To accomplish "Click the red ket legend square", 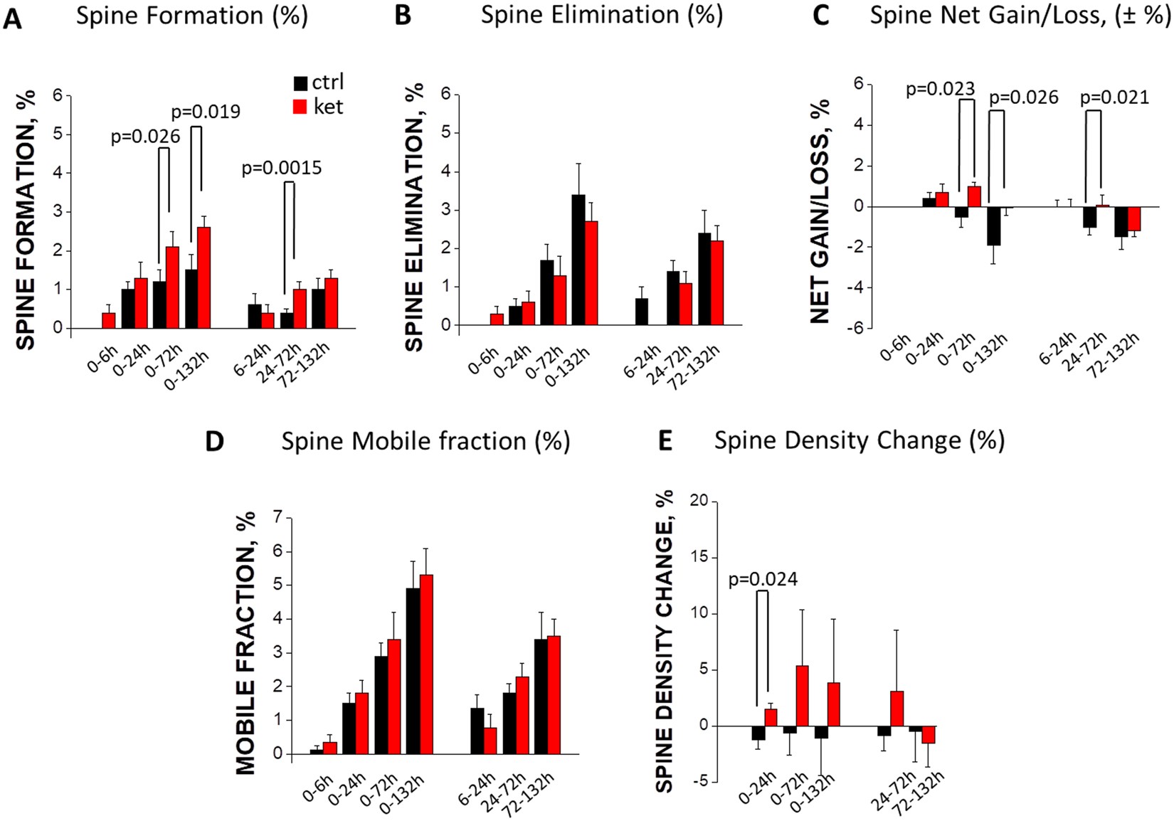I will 301,107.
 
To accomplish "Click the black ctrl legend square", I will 301,83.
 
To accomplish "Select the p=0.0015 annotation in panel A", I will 282,168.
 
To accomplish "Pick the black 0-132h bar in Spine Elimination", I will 578,260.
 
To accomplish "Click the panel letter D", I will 214,442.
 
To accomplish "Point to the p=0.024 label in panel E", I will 763,579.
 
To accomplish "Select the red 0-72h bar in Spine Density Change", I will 802,695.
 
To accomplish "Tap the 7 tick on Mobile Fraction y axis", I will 278,517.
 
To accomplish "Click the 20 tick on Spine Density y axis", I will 699,501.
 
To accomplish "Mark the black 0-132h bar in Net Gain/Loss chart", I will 993,226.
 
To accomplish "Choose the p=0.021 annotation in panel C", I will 1114,97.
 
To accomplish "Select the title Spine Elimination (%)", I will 601,15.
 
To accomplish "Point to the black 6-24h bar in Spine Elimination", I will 642,312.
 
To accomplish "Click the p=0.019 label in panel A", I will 206,112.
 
